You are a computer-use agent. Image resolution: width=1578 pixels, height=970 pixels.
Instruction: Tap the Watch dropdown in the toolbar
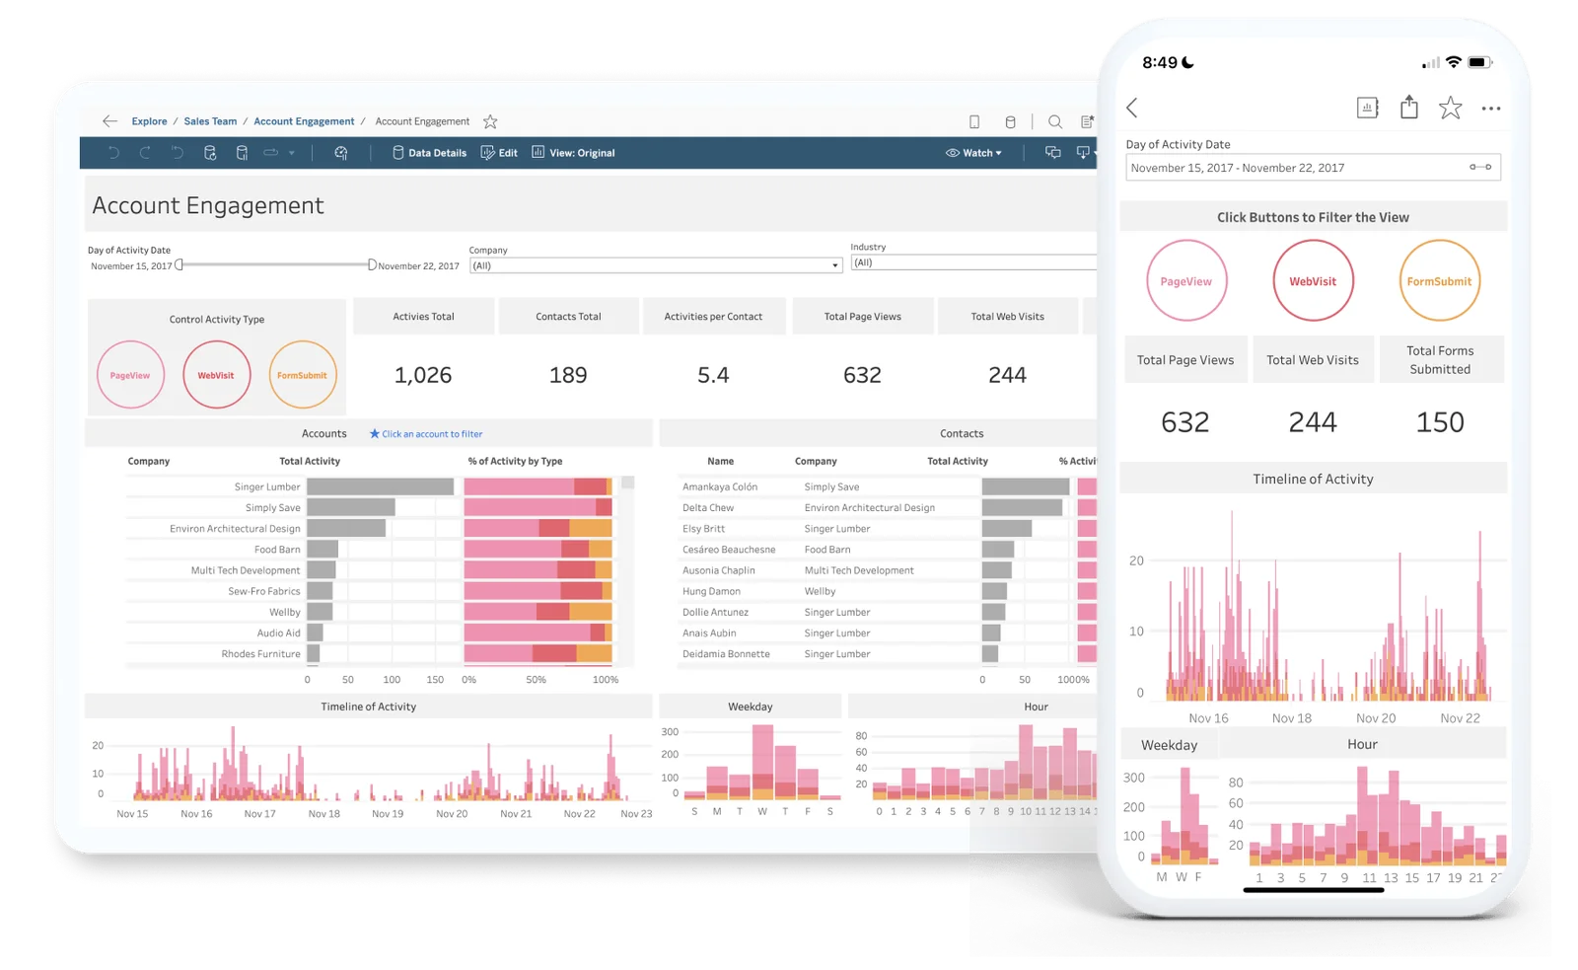click(x=973, y=153)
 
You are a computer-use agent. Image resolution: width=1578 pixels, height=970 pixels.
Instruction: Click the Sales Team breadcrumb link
click(x=210, y=121)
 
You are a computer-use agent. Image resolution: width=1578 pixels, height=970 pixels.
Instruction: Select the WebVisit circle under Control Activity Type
click(x=216, y=375)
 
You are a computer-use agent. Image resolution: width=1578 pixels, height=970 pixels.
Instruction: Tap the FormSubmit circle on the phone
click(x=1439, y=281)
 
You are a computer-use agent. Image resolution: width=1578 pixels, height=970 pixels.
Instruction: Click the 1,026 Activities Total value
click(x=423, y=375)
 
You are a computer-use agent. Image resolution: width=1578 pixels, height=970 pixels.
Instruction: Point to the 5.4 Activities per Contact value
click(x=713, y=375)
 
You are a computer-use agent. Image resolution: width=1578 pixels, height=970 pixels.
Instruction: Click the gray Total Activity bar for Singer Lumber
click(x=380, y=486)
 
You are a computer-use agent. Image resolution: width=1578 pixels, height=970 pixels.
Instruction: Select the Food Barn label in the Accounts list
click(x=277, y=550)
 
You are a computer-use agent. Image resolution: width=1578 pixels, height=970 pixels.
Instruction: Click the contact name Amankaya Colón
click(x=720, y=486)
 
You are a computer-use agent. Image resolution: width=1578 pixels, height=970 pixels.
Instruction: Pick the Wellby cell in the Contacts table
click(x=820, y=591)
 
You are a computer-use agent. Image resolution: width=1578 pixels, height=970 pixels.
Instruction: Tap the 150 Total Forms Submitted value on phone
click(x=1440, y=422)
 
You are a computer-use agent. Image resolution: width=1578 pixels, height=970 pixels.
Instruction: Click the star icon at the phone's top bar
click(x=1450, y=108)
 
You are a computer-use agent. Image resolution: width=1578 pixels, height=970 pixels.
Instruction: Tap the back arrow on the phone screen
click(x=1132, y=108)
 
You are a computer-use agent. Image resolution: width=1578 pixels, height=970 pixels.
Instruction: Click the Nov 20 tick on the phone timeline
click(x=1376, y=718)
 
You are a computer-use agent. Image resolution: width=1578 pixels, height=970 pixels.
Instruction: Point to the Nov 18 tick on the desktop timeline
click(x=323, y=814)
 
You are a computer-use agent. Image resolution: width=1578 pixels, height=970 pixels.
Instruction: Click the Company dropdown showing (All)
click(x=655, y=265)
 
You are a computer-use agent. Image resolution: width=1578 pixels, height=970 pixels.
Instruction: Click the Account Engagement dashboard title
click(x=208, y=205)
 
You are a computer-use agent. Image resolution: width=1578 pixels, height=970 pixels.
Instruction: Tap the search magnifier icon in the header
click(x=1055, y=122)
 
